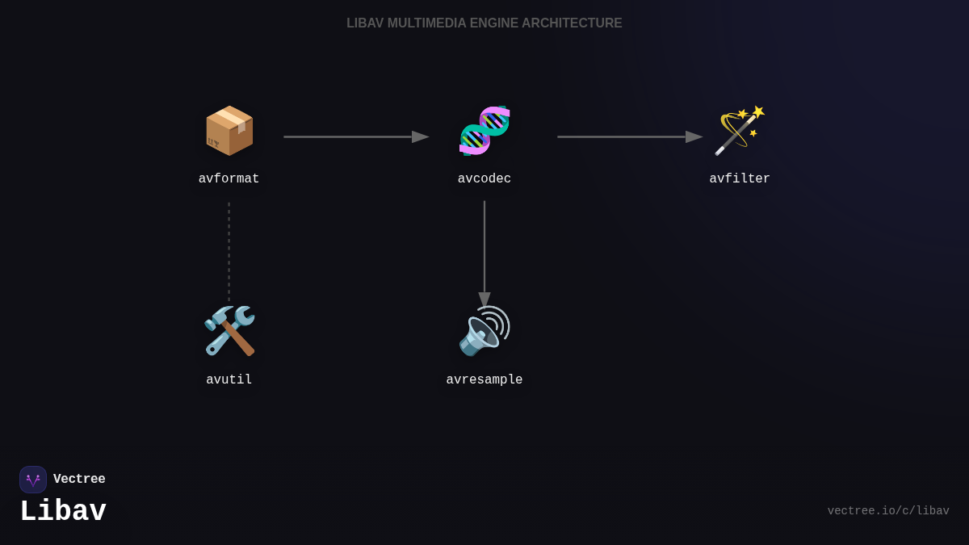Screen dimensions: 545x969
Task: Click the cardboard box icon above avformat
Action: pyautogui.click(x=229, y=131)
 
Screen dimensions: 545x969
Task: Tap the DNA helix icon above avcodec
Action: pyautogui.click(x=484, y=131)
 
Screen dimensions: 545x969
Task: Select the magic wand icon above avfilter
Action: pyautogui.click(x=740, y=131)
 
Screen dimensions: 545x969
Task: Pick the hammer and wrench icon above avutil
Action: pyautogui.click(x=229, y=331)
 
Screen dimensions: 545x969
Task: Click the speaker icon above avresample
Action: pyautogui.click(x=484, y=331)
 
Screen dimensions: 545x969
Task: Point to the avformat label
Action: pyautogui.click(x=229, y=179)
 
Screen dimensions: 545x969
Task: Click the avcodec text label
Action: pyautogui.click(x=484, y=179)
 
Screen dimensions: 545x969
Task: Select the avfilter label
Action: pyautogui.click(x=740, y=179)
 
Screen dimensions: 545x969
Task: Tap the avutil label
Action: pyautogui.click(x=229, y=380)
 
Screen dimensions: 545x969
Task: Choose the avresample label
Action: pyautogui.click(x=484, y=380)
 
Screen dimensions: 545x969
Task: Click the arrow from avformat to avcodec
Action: pyautogui.click(x=355, y=137)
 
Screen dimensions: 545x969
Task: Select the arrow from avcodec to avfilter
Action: pyautogui.click(x=629, y=137)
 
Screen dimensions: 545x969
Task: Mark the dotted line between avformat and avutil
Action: pyautogui.click(x=229, y=252)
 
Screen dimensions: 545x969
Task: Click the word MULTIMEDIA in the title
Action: pyautogui.click(x=426, y=23)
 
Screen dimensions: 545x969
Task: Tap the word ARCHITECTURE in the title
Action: pyautogui.click(x=572, y=23)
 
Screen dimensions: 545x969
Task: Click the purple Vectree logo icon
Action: pyautogui.click(x=33, y=480)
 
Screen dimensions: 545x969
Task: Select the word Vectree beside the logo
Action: pyautogui.click(x=79, y=480)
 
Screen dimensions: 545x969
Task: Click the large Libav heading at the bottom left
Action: pyautogui.click(x=63, y=512)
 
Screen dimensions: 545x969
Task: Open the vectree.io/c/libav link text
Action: pyautogui.click(x=888, y=511)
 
